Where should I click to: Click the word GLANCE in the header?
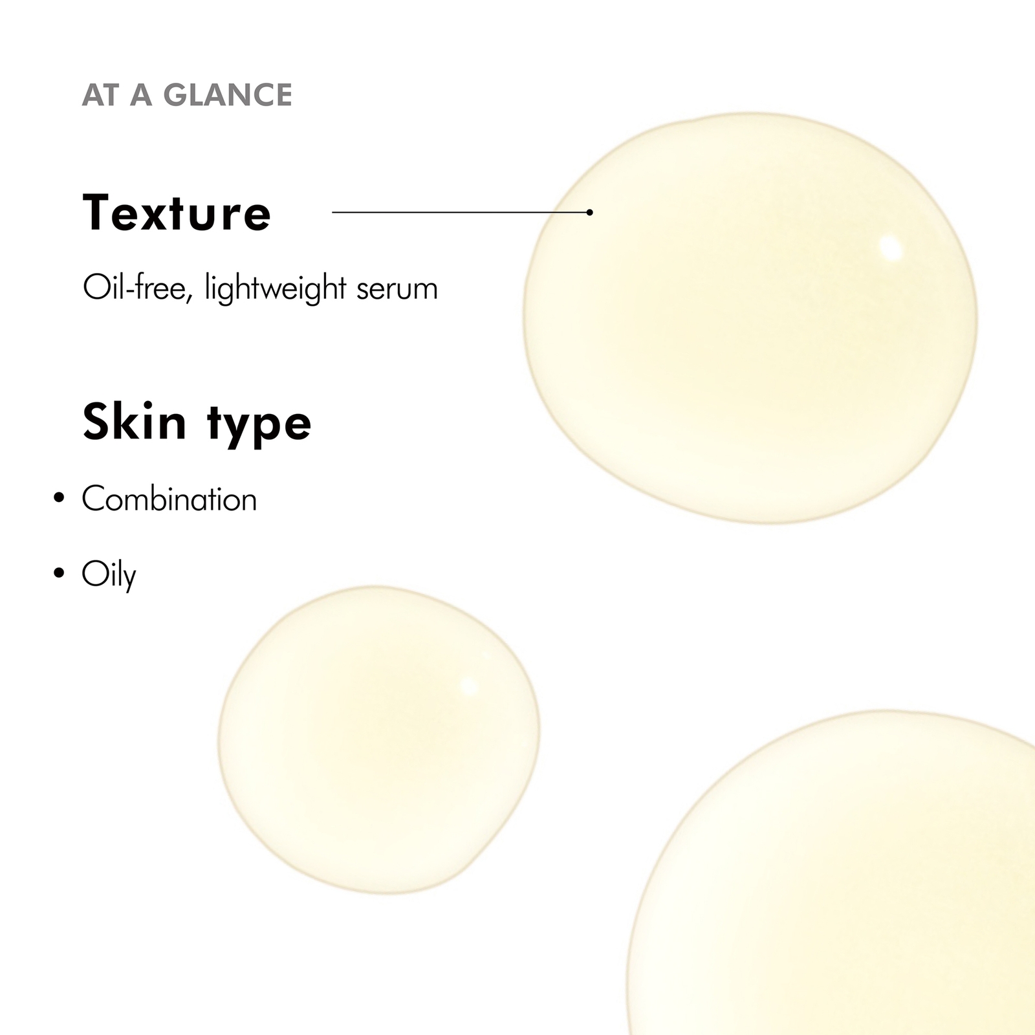[x=228, y=95]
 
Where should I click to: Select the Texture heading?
[x=177, y=212]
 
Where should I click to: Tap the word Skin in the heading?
[x=135, y=422]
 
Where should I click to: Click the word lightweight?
[x=275, y=289]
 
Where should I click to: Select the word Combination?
[x=169, y=499]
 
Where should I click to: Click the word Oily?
[x=109, y=575]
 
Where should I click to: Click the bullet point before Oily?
[x=60, y=573]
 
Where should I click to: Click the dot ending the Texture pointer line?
[x=589, y=212]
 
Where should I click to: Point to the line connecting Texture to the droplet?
[x=461, y=212]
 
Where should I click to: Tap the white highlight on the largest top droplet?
[x=891, y=248]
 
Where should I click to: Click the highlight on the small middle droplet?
[x=468, y=686]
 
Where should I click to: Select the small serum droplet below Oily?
[x=379, y=739]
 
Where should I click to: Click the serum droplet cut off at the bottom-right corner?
[x=834, y=873]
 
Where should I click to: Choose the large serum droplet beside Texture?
[x=750, y=318]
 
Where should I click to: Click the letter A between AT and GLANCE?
[x=141, y=95]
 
